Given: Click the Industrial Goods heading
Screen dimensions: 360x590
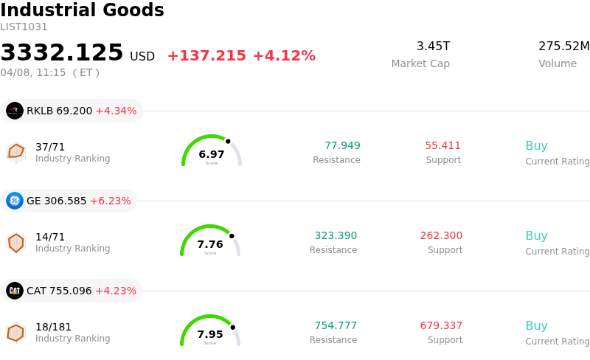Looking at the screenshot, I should [82, 10].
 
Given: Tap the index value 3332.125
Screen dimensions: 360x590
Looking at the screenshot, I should [62, 53].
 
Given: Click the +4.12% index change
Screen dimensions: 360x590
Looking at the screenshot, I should [284, 56].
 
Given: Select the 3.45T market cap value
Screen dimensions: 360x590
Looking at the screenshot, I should [433, 46].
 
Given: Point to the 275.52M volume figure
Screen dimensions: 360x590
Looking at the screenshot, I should [563, 46].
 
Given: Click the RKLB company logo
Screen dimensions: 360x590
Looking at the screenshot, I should [15, 111].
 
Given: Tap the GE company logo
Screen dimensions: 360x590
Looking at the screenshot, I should [15, 201].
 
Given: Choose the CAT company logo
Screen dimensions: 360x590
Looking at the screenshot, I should [15, 291].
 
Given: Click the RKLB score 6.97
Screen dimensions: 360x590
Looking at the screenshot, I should [212, 154].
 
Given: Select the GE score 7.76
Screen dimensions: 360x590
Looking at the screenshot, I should [210, 244].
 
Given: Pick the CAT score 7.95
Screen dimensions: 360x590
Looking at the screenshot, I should [210, 334].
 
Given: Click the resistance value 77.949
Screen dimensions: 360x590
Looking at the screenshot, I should [342, 145].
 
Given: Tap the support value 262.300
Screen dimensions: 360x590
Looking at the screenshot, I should [441, 235].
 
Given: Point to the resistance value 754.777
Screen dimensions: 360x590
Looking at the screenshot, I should [336, 325].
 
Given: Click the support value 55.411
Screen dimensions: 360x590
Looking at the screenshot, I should [442, 145].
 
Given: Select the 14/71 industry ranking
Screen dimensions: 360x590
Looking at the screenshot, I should [50, 237].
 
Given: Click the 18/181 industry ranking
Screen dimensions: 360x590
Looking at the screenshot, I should [53, 327].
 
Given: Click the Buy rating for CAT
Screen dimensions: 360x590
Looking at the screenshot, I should [536, 325].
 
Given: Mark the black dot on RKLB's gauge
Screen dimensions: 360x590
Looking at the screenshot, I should [228, 141].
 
